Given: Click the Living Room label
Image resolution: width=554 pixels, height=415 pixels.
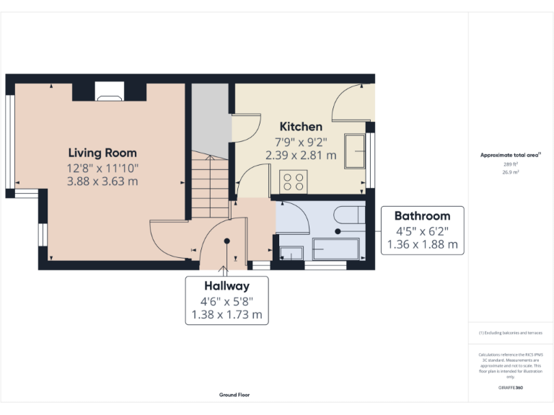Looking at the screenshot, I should [102, 153].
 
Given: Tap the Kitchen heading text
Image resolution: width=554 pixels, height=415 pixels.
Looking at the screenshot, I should [301, 126].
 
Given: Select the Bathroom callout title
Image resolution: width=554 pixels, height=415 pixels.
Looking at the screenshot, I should [422, 215].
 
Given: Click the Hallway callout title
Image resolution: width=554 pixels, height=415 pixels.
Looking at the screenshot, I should [227, 286].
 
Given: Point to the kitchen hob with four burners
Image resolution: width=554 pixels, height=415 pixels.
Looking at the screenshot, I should [294, 179].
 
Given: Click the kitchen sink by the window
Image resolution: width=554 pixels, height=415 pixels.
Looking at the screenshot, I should [355, 149].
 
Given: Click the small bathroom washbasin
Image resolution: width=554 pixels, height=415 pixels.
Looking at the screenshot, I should [291, 253].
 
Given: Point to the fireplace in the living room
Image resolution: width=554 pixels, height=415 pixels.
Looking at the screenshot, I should [109, 90].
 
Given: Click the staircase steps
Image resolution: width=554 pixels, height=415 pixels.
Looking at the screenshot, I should [209, 186].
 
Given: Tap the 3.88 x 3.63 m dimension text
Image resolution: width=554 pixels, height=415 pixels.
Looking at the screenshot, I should [102, 182].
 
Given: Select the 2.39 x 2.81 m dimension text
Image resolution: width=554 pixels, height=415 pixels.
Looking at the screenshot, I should [301, 155].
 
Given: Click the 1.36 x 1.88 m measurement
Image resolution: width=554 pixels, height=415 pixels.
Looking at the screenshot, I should [422, 244].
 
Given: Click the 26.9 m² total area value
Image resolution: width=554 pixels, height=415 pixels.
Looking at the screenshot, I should [511, 172].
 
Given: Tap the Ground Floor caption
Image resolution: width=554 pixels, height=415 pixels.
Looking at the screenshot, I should [234, 395].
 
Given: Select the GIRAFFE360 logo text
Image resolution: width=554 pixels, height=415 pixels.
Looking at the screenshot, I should [511, 388].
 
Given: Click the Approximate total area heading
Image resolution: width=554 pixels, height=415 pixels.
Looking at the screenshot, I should [510, 155].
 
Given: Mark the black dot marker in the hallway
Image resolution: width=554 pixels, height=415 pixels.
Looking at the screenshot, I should [227, 241].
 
